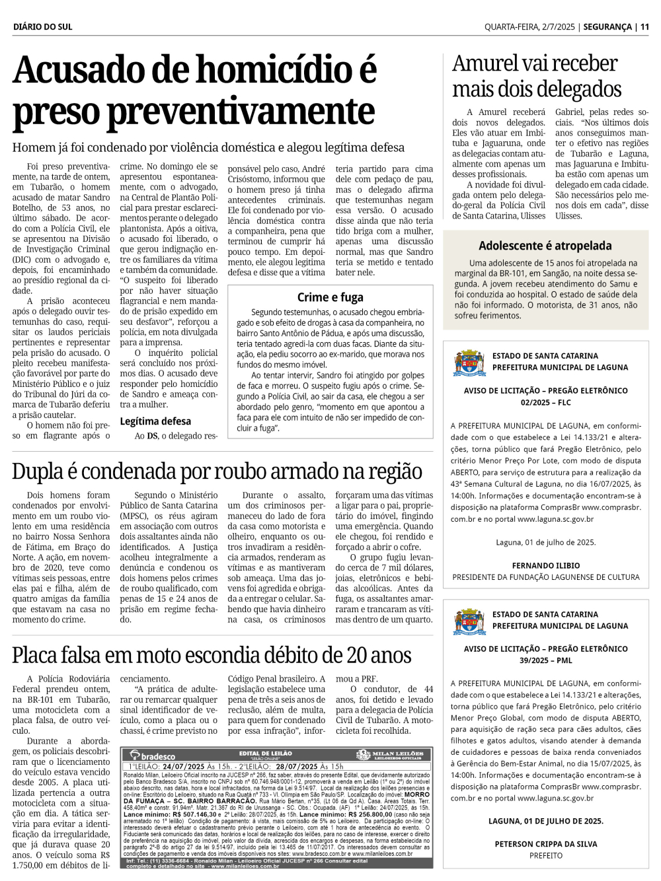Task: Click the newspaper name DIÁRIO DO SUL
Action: click(x=42, y=27)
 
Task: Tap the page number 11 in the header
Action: click(x=644, y=27)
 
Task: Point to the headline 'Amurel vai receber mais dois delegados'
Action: click(x=536, y=76)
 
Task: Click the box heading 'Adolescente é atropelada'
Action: click(x=545, y=246)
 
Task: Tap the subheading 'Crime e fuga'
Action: click(x=330, y=297)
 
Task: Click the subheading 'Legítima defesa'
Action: click(x=155, y=421)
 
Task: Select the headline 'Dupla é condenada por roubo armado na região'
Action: click(x=217, y=472)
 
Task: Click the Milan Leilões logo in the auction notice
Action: click(x=390, y=755)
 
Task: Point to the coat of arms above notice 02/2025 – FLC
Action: click(x=469, y=363)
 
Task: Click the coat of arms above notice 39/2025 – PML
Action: click(x=469, y=621)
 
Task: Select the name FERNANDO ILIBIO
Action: click(x=546, y=565)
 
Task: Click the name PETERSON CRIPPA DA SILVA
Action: click(x=546, y=844)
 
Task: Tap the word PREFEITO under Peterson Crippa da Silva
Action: click(x=546, y=856)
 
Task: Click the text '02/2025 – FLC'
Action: click(x=546, y=402)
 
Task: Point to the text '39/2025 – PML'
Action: click(x=546, y=660)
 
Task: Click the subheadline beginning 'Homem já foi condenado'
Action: click(x=208, y=147)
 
